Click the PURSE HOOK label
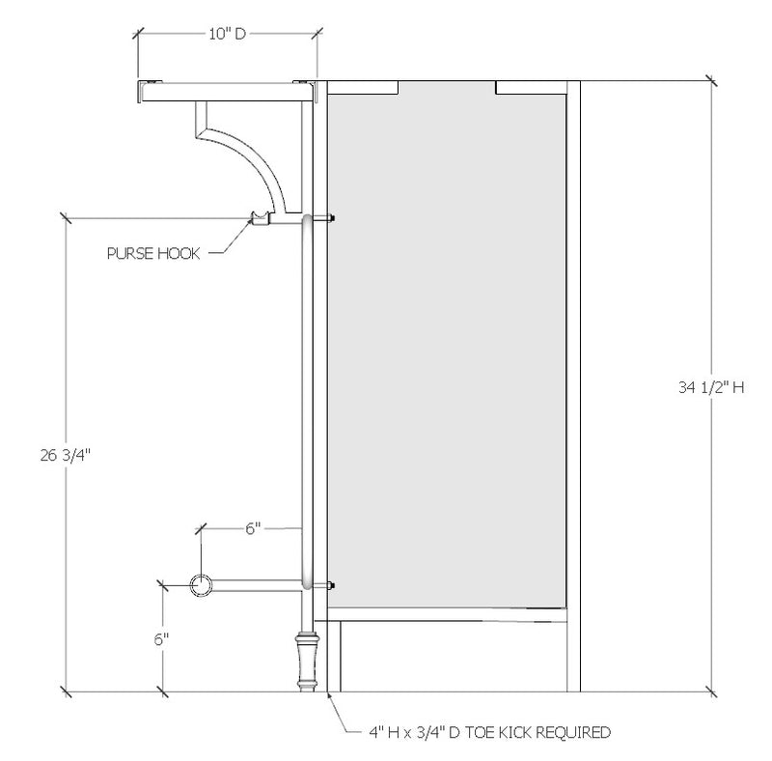153,254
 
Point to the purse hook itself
259,217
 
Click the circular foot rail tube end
202,584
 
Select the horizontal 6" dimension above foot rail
253,528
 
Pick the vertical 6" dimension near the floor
161,638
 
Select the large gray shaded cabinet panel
446,348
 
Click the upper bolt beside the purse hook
331,219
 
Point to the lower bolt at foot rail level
331,585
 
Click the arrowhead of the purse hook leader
250,221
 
